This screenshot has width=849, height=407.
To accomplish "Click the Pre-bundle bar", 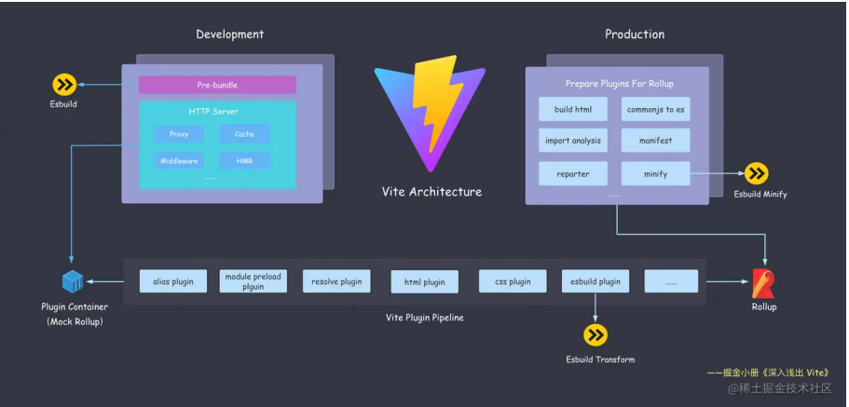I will click(217, 85).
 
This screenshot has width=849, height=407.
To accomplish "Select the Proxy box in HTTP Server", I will click(179, 134).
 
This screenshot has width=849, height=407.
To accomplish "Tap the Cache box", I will click(244, 134).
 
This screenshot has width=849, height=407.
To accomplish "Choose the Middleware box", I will click(179, 161).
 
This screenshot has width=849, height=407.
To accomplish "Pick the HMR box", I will click(244, 161).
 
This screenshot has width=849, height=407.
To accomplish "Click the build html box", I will click(572, 109).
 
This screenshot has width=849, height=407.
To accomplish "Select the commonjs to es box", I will click(655, 109).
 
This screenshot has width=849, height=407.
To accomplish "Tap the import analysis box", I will click(572, 141).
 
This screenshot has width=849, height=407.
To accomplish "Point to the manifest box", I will click(655, 141).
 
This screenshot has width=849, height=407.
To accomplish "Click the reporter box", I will click(572, 173).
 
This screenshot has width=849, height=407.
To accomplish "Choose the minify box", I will click(655, 173).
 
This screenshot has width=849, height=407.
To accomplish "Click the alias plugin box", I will click(172, 280).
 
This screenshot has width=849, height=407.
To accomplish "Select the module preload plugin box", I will click(253, 280).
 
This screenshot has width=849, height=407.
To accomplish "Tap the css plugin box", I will click(512, 280).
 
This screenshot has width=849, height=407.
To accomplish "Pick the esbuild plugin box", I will click(596, 280).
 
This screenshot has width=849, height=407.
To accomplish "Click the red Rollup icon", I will click(763, 282).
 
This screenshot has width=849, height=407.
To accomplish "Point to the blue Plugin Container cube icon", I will click(74, 281).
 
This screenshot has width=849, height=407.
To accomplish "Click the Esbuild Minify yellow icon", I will click(756, 173).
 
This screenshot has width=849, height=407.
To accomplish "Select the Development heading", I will click(229, 34).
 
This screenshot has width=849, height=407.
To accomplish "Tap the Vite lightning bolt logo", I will click(431, 110).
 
